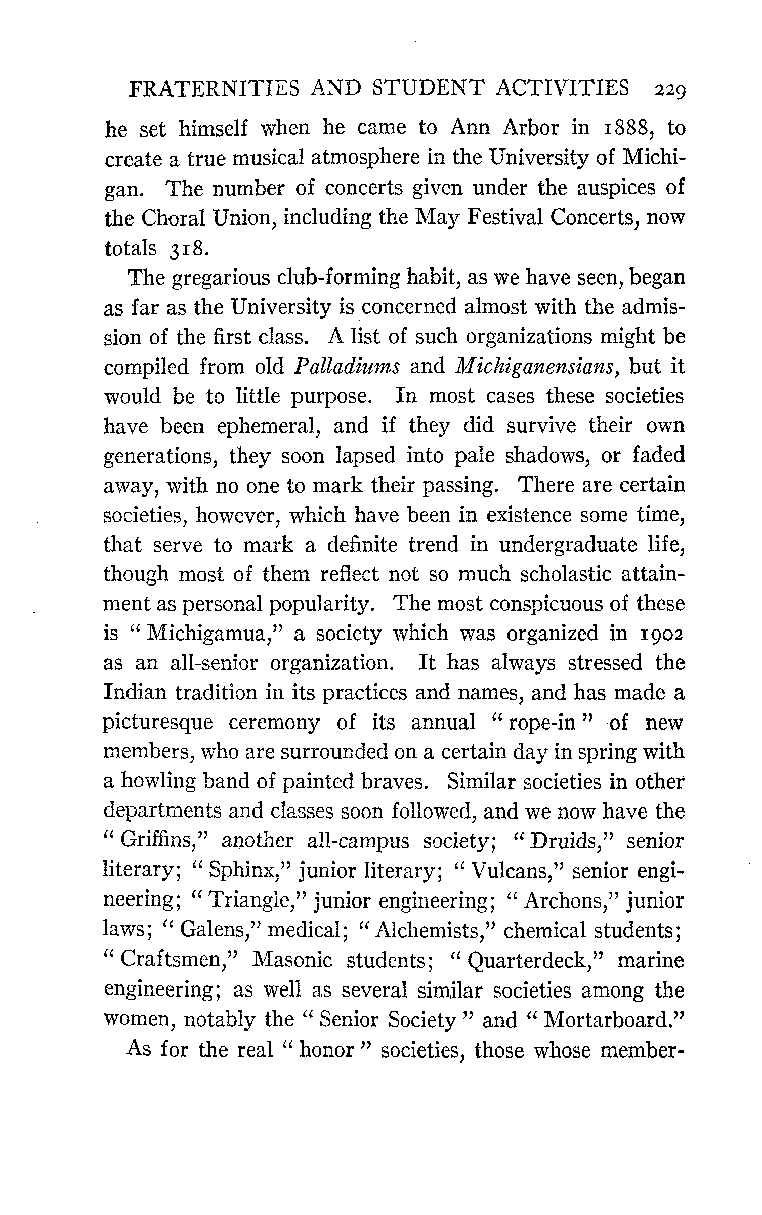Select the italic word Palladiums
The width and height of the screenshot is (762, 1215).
(347, 367)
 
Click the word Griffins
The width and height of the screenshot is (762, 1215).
(160, 841)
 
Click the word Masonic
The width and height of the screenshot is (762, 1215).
(292, 960)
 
